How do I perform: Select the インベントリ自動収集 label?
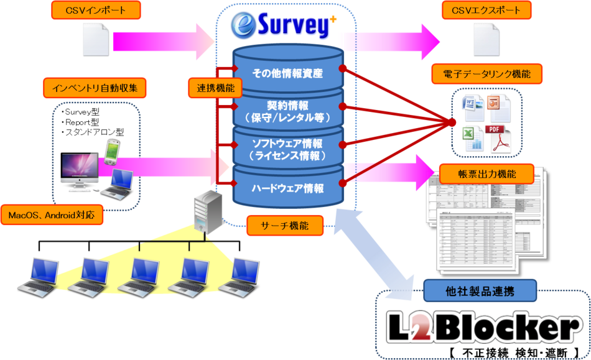pyautogui.click(x=95, y=88)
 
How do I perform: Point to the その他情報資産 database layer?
pyautogui.click(x=287, y=73)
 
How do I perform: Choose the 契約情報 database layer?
pyautogui.click(x=287, y=111)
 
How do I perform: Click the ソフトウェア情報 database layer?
pyautogui.click(x=287, y=149)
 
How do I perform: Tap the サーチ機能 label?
pyautogui.click(x=286, y=226)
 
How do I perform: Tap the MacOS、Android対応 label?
pyautogui.click(x=52, y=216)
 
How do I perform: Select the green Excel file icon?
pyautogui.click(x=472, y=137)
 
